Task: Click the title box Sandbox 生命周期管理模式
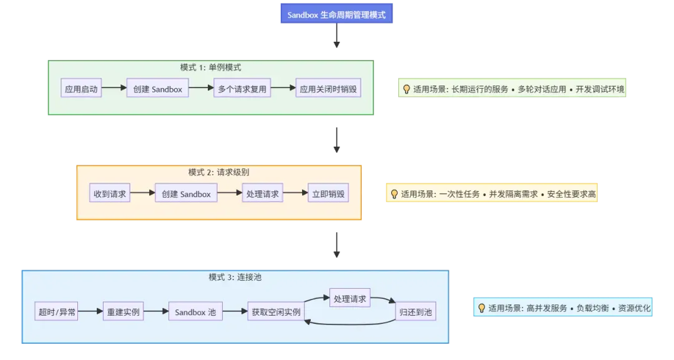pos(336,14)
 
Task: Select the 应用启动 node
pos(81,89)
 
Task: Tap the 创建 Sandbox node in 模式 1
pos(158,89)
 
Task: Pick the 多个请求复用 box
pos(242,89)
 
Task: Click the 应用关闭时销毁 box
pos(328,89)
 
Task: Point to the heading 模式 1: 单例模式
pos(210,67)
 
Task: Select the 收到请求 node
pos(110,193)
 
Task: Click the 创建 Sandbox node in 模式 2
pos(186,193)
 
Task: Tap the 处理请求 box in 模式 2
pos(263,193)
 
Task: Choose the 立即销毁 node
pos(328,193)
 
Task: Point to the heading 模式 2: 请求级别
pos(219,172)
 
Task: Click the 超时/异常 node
pos(57,311)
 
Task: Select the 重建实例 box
pos(124,311)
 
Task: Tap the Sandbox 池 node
pos(195,311)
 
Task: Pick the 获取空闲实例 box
pos(275,311)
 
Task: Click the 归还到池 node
pos(416,311)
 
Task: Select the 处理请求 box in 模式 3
pos(350,298)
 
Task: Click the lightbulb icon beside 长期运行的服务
pos(406,89)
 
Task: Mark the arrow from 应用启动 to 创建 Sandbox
pos(114,89)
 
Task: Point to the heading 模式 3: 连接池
pos(235,277)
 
